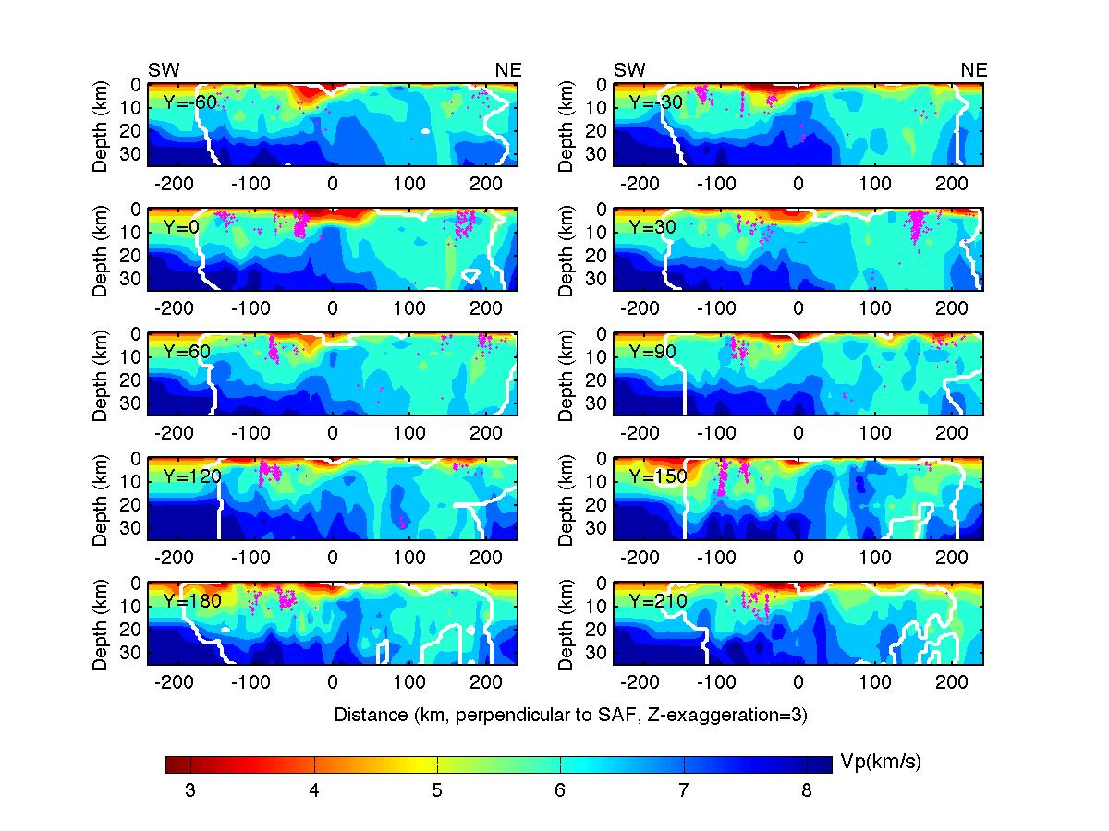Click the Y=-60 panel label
pos(189,102)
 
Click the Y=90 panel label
pos(654,352)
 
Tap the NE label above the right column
pos(974,70)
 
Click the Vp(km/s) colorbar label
pos(881,762)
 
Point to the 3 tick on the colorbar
pos(190,790)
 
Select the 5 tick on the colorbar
pos(437,790)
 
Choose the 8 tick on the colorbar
pos(807,790)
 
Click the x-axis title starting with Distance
pos(570,715)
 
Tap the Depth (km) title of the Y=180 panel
pos(101,623)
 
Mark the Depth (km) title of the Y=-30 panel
pos(567,125)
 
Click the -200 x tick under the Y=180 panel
pos(173,681)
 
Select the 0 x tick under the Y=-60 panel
pos(333,183)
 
